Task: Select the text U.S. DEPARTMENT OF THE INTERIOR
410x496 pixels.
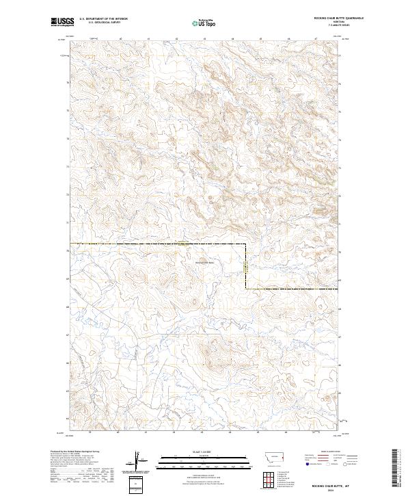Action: click(103, 19)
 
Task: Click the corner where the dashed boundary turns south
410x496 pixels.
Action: click(247, 244)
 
